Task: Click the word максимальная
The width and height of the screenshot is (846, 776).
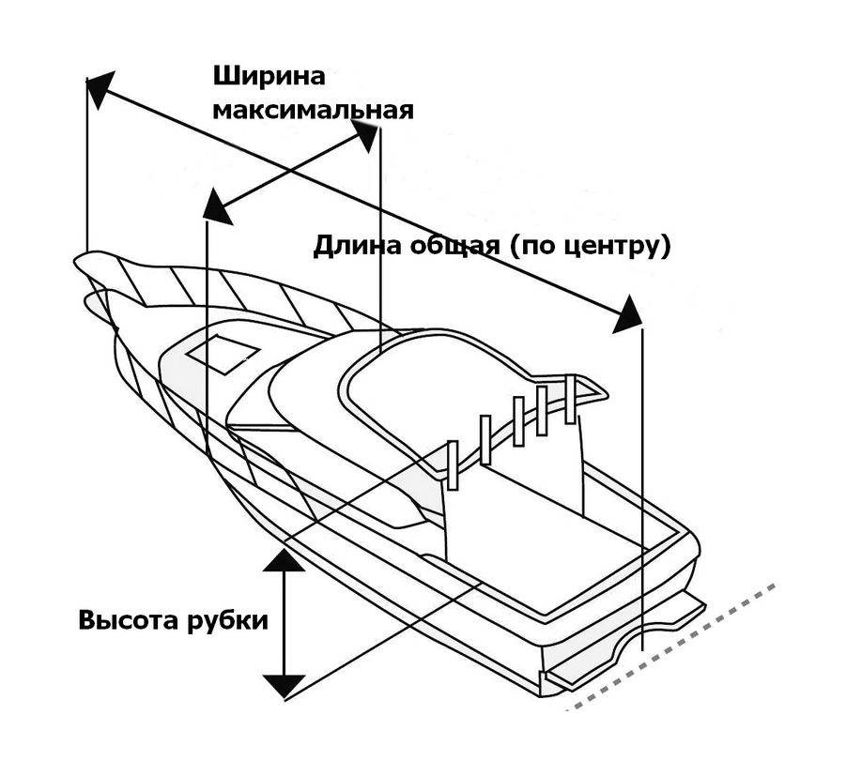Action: [313, 110]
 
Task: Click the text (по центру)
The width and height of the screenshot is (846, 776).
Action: [590, 247]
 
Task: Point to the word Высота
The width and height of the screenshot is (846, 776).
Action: [127, 621]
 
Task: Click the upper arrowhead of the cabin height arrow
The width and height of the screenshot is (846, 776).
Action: [282, 560]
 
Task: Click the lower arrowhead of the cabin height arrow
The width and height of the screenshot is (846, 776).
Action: [282, 684]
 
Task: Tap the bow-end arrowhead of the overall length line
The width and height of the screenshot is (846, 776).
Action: [100, 85]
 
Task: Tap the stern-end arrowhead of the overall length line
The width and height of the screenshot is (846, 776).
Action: [626, 315]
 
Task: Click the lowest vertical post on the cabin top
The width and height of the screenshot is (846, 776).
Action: [452, 464]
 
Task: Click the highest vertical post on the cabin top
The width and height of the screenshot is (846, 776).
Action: [569, 399]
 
